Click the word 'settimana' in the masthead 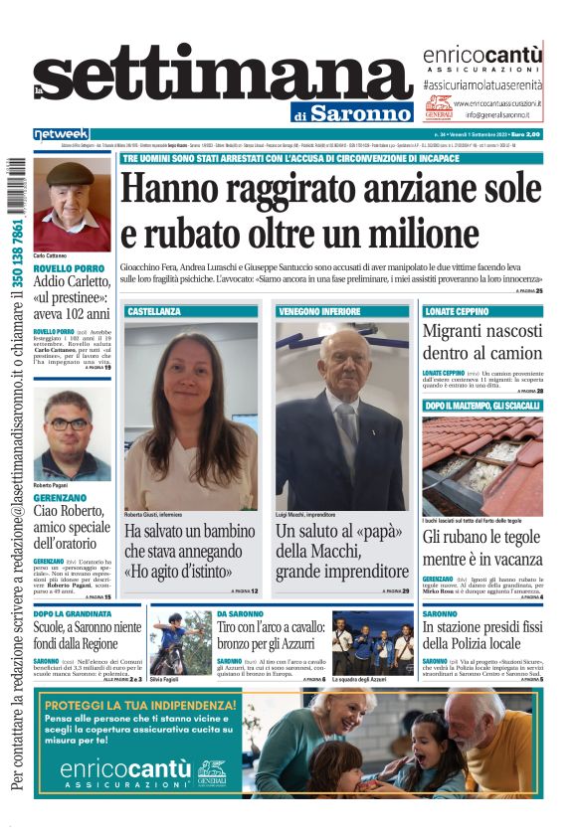click(x=224, y=77)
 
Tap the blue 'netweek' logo click(x=62, y=134)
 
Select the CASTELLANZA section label click(x=154, y=311)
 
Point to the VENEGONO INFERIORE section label click(x=319, y=311)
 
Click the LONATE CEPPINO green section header click(x=458, y=311)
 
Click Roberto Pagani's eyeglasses click(x=71, y=424)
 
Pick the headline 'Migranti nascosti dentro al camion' click(x=482, y=342)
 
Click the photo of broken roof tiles click(x=482, y=464)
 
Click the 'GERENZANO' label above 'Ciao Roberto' click(x=60, y=496)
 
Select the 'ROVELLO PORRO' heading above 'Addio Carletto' click(x=68, y=268)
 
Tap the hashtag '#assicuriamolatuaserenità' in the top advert click(x=481, y=85)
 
